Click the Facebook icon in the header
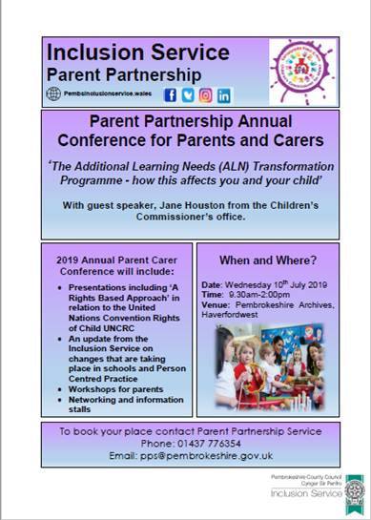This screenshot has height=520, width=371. [172, 95]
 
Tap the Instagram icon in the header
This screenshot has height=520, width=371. [207, 95]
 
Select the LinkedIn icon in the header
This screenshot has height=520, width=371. [224, 95]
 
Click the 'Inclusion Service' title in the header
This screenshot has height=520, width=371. [112, 51]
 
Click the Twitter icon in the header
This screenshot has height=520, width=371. [189, 95]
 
